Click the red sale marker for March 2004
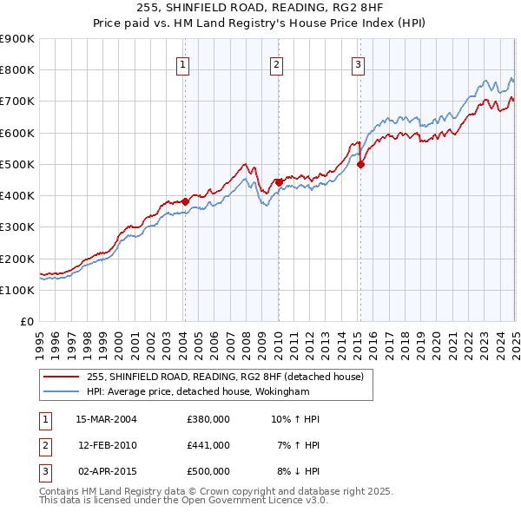185,201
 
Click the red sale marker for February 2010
279,182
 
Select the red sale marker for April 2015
360,164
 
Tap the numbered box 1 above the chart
184,63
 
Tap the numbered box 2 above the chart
276,63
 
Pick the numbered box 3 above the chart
358,63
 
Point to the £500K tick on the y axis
17,164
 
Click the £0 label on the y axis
27,321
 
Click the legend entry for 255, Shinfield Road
229,377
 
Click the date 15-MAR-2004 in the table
107,419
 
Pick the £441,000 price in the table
208,445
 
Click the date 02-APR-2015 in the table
107,471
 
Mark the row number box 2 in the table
44,445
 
